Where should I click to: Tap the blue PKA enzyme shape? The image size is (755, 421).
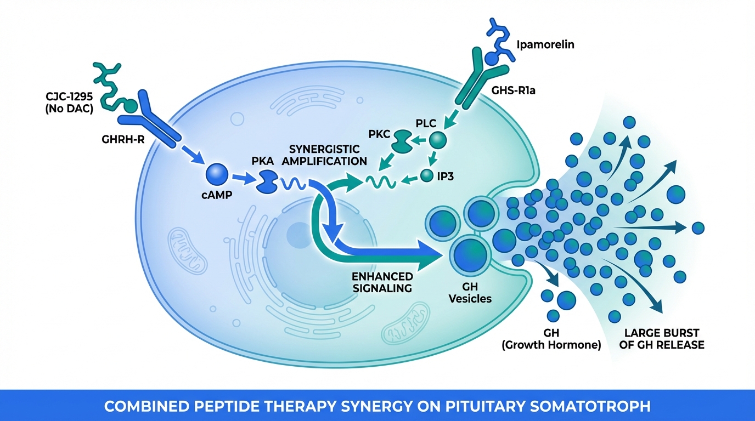pos(268,180)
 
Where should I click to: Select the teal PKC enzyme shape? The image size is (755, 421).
pos(402,140)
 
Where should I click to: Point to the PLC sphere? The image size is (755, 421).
pos(437,140)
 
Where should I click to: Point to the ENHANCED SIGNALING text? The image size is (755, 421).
pos(383,281)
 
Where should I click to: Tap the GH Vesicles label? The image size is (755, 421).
pos(470,292)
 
